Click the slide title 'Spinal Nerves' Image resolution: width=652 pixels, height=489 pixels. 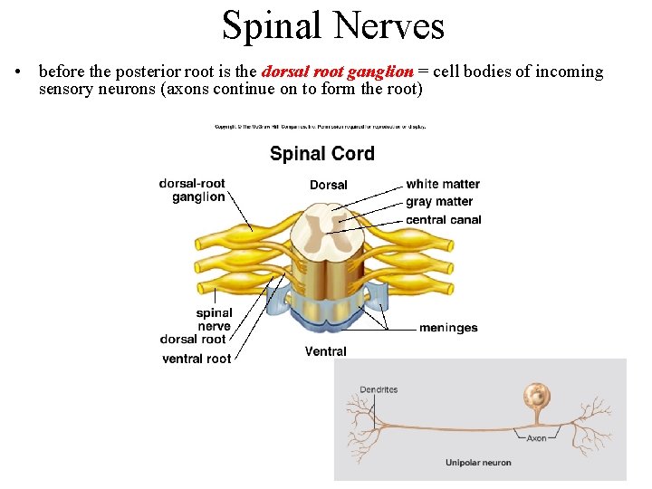coord(333,25)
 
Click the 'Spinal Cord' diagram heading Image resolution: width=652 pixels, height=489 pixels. coord(321,153)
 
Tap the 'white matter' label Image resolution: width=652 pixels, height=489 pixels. coord(443,185)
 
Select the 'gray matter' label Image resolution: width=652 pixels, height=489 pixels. coord(439,202)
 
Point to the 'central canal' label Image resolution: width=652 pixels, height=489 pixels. coord(444,219)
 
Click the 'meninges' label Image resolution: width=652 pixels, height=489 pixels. coord(448,328)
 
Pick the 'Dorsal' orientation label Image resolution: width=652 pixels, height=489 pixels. coord(328,185)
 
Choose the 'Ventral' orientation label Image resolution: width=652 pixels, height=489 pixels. coord(326,351)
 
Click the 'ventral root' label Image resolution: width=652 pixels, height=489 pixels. coord(197,359)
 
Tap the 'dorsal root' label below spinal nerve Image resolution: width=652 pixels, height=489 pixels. coord(193,340)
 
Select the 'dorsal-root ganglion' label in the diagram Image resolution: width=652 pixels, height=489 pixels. coord(193,190)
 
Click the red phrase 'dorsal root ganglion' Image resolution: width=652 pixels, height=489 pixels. coord(337,72)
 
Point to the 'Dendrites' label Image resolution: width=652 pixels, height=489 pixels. coord(379,390)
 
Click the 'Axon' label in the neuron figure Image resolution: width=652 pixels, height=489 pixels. coord(537,438)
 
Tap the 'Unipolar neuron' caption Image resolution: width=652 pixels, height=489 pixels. coord(478,463)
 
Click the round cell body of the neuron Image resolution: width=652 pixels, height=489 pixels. coord(535,395)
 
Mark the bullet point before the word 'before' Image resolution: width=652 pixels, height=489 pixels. coord(19,72)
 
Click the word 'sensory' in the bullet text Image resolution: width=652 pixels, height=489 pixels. coord(66,90)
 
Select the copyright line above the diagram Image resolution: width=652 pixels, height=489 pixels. coord(321,127)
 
